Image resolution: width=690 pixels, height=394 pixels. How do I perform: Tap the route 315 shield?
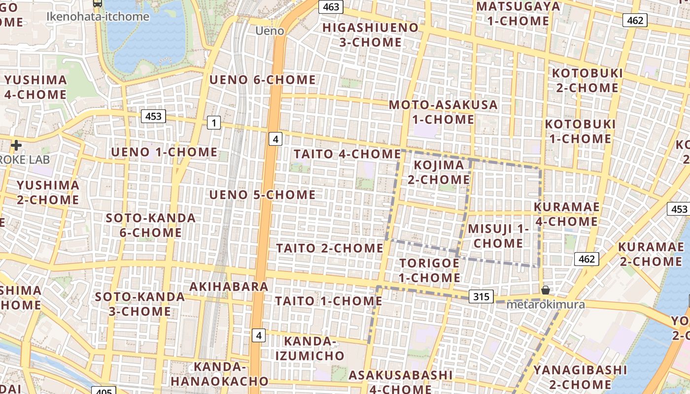(481, 296)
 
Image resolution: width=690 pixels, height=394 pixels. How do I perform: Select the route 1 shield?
(213, 123)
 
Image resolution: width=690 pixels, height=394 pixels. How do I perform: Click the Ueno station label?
(270, 31)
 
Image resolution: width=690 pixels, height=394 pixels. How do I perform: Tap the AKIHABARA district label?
(229, 287)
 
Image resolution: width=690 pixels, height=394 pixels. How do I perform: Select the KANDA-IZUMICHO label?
(310, 348)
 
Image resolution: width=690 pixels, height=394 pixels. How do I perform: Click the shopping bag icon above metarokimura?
(546, 290)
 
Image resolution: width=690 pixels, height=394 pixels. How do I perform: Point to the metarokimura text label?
(546, 304)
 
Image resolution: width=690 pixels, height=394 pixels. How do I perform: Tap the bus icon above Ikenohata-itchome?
(98, 3)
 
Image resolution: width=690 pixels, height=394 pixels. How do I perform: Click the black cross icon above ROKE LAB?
(16, 145)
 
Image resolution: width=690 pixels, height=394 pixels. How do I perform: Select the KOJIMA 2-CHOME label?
(439, 172)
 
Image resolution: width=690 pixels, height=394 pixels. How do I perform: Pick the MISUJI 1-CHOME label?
(498, 236)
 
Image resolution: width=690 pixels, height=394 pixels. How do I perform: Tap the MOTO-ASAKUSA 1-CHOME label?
(443, 112)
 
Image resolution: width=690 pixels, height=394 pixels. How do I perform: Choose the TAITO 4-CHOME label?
(347, 154)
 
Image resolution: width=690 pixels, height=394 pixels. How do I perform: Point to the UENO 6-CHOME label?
(263, 80)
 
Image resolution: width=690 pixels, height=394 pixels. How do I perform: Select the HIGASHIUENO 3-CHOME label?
(371, 34)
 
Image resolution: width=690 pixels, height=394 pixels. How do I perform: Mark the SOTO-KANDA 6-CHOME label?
(151, 225)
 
